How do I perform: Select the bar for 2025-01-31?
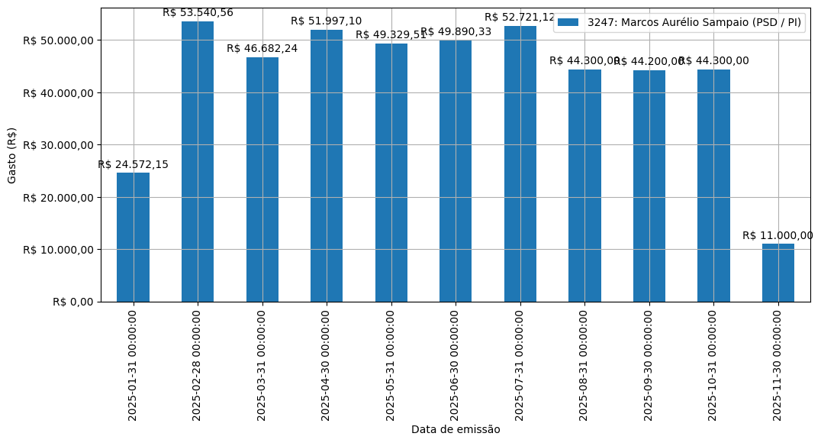[133, 237]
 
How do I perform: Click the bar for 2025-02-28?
[198, 161]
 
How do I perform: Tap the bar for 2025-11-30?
[778, 273]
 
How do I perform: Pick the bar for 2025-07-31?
[520, 163]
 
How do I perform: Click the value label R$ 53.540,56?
[198, 13]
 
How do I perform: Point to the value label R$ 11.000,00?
[778, 236]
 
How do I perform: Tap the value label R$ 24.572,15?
[133, 165]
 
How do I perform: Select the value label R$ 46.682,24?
[262, 49]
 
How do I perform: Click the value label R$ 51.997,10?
[327, 21]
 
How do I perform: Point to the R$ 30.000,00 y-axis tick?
[58, 145]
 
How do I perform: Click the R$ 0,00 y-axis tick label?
[72, 302]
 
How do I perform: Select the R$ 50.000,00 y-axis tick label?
[58, 40]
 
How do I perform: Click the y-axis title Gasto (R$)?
[12, 155]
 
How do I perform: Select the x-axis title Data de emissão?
[456, 430]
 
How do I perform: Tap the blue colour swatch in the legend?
[568, 23]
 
